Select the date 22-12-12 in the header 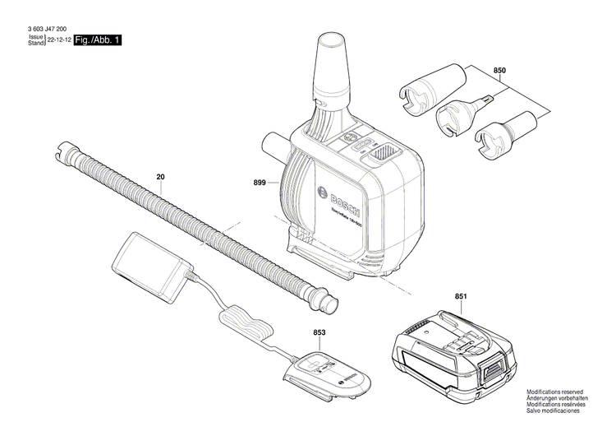click(x=58, y=39)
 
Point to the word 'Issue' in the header click(x=36, y=37)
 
